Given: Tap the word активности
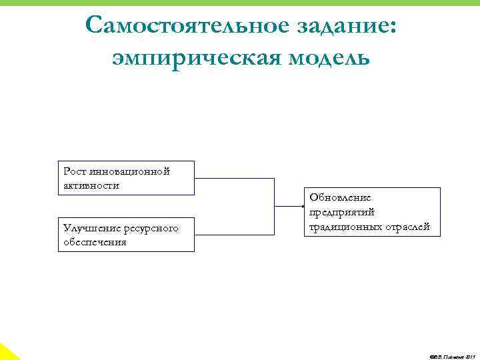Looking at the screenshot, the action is point(91,185).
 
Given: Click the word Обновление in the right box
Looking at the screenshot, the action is point(341,198).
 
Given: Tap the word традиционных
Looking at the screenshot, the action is point(340,227).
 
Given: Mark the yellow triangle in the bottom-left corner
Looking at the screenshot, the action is point(7,353).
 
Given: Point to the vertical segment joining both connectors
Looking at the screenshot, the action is point(275,207).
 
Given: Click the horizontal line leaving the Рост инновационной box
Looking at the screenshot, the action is point(234,179).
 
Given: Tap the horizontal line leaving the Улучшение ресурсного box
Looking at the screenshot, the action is point(234,235).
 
